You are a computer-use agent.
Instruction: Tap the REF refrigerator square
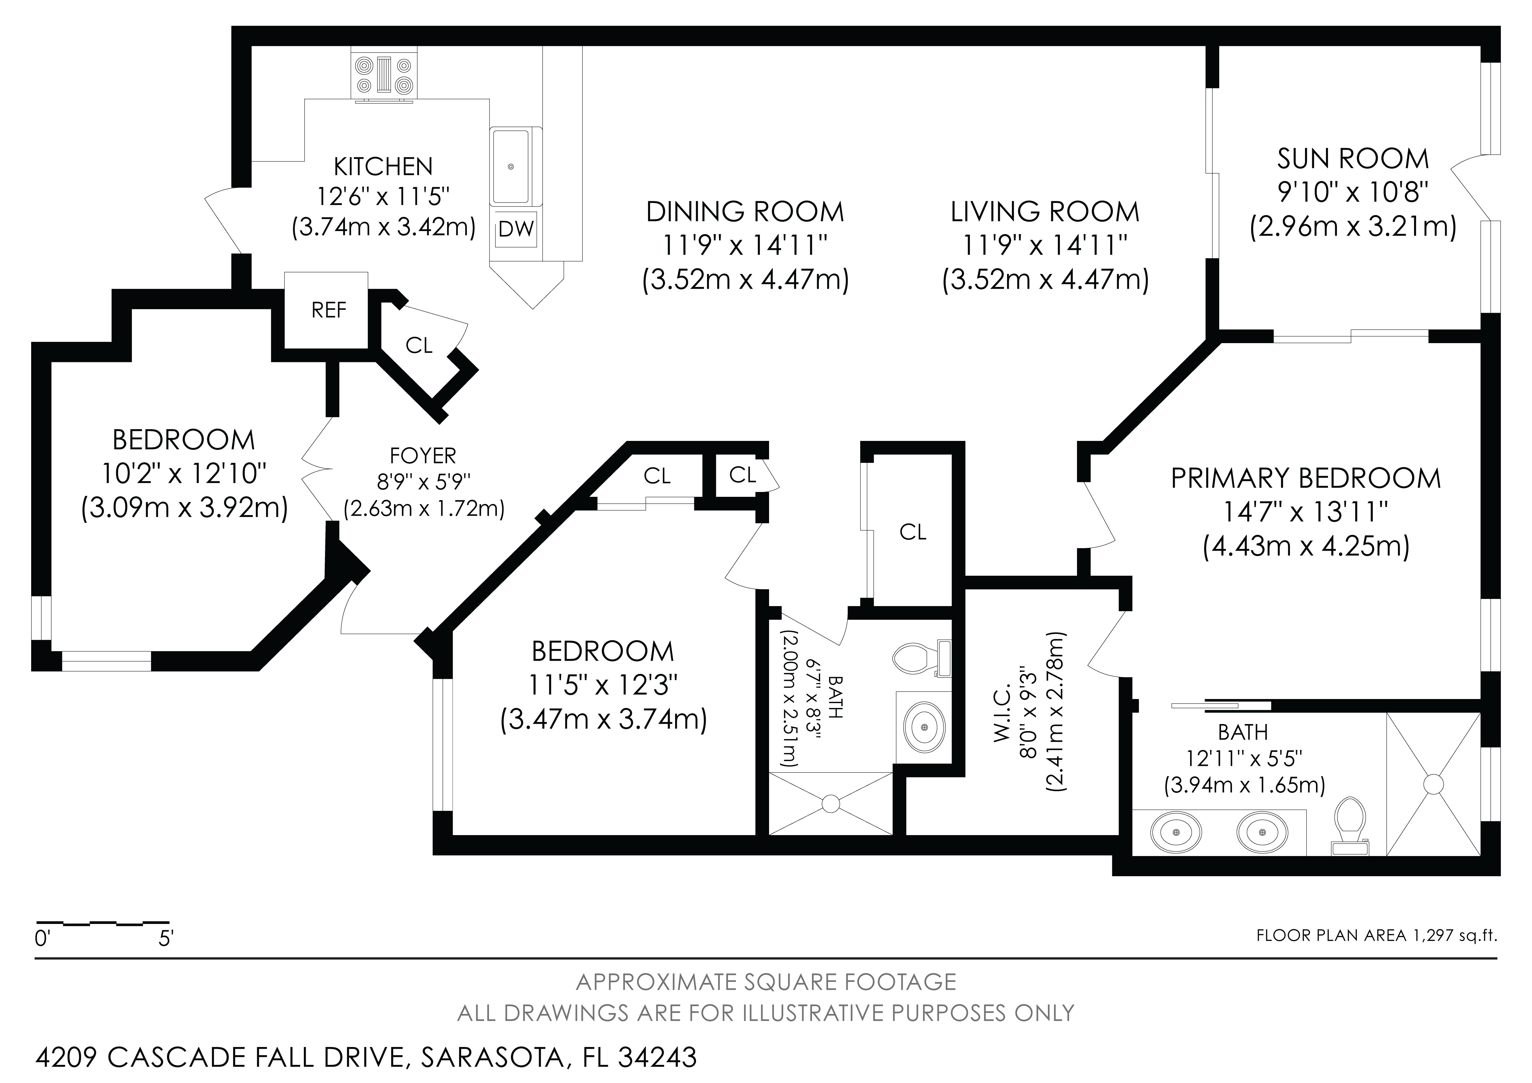tap(326, 310)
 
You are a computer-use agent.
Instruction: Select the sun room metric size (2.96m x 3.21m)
tap(1353, 227)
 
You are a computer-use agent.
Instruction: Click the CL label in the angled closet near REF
tap(419, 345)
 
